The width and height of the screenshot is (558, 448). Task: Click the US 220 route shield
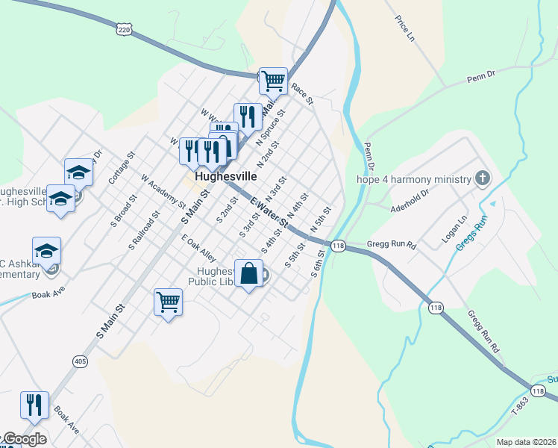124,29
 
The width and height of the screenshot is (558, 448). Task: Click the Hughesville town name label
225,177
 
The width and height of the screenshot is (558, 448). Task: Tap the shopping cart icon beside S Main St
169,302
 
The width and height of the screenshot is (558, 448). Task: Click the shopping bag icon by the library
249,273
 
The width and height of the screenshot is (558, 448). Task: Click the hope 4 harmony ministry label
414,179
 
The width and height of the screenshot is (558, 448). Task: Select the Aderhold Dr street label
410,200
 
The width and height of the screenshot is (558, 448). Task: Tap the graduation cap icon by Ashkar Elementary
46,250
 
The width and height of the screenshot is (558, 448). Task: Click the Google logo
24,439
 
